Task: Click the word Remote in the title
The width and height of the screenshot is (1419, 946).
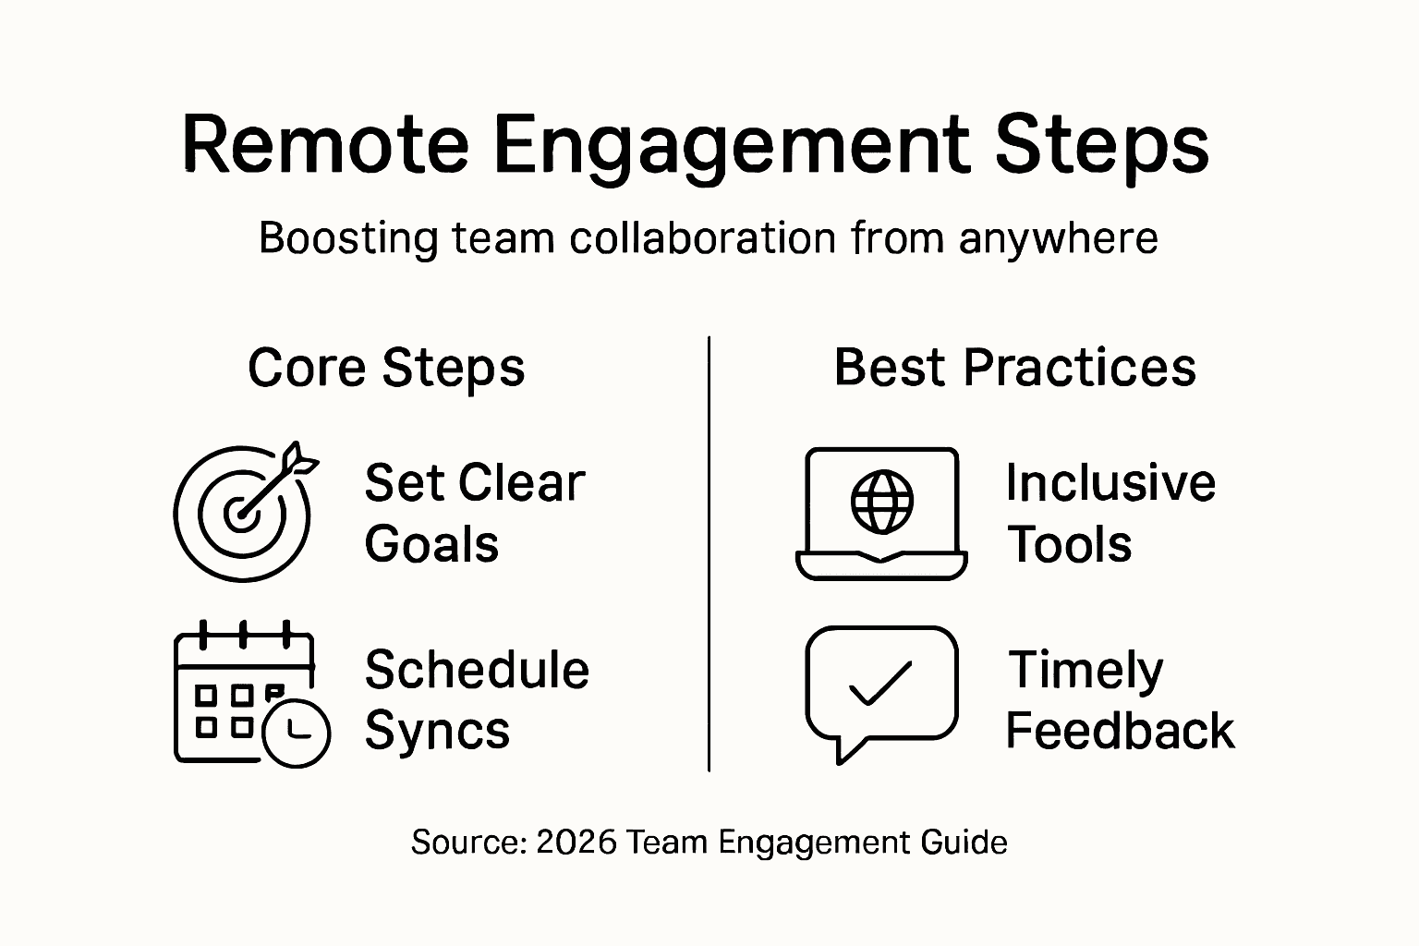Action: tap(325, 145)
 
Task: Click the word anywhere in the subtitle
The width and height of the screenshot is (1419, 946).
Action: tap(1058, 239)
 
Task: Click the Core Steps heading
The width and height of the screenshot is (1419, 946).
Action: tap(386, 368)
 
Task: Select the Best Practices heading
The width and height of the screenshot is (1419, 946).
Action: tap(1014, 367)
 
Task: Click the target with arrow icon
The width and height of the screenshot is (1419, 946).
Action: tap(245, 512)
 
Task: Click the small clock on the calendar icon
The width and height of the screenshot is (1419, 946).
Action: tap(297, 734)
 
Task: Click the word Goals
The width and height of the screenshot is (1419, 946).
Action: tap(431, 544)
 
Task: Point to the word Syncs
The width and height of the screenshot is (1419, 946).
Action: tap(437, 732)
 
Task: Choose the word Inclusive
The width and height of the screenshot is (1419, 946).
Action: tap(1110, 483)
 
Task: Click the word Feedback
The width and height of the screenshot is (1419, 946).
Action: tap(1120, 731)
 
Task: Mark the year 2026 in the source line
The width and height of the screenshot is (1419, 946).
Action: tap(576, 843)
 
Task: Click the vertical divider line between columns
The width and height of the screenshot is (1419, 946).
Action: tap(709, 554)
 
